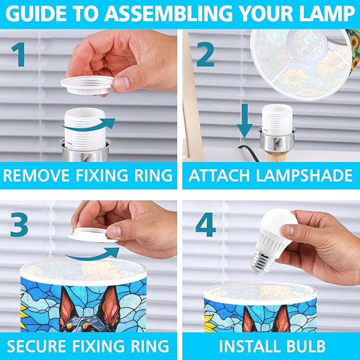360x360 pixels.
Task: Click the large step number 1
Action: point(19,55)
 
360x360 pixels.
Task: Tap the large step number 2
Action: point(206,55)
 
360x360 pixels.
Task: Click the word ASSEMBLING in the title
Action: point(170,14)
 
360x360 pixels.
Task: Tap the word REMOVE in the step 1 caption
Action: point(36,175)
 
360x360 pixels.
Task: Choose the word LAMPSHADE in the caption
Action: point(304,175)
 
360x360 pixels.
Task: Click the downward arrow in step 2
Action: point(245,121)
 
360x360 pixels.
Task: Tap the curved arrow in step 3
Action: point(92,254)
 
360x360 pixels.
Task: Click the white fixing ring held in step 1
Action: point(87,85)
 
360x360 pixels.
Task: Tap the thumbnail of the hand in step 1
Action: point(121,83)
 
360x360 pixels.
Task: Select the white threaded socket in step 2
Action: point(277,118)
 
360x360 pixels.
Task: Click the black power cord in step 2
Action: point(249,153)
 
